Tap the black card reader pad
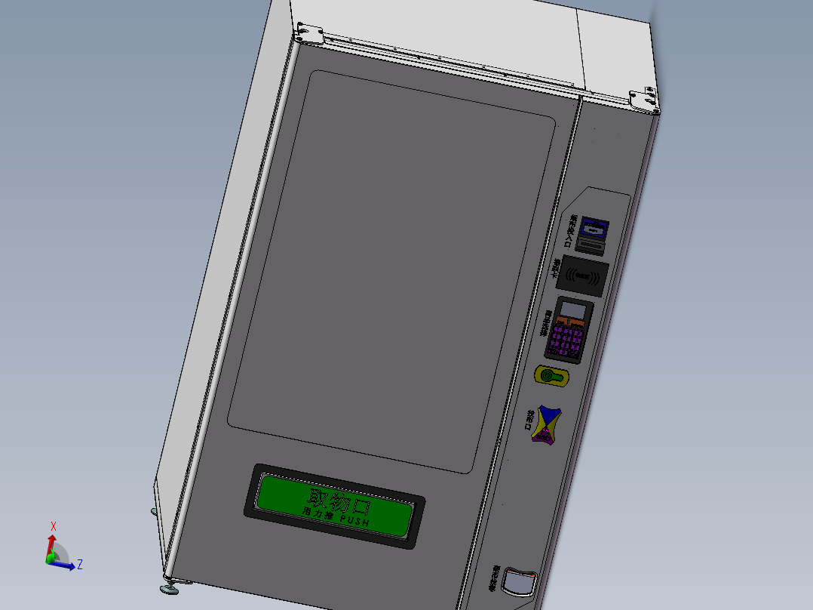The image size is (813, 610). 583,275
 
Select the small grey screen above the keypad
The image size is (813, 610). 575,310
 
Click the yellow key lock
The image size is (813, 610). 551,375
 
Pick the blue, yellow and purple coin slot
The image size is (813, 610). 545,425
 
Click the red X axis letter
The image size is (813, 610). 54,526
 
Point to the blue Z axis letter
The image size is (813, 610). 79,564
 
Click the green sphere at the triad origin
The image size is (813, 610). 51,559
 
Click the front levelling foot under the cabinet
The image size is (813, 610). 167,586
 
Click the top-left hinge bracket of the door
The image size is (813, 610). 308,32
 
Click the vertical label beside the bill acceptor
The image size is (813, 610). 571,230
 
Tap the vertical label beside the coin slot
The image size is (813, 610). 529,419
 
